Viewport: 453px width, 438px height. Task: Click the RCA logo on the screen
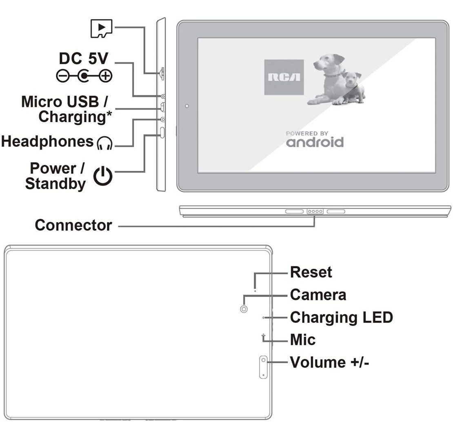pyautogui.click(x=284, y=77)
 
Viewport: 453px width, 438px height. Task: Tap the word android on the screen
pyautogui.click(x=315, y=142)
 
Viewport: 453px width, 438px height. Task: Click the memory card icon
pyautogui.click(x=101, y=29)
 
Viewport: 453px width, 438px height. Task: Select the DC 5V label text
pyautogui.click(x=84, y=59)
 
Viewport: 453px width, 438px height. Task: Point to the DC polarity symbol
pyautogui.click(x=84, y=76)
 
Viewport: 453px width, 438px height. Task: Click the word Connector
pyautogui.click(x=73, y=225)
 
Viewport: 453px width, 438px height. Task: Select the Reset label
pyautogui.click(x=311, y=272)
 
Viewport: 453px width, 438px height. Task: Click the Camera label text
pyautogui.click(x=318, y=295)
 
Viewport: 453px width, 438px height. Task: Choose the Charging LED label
pyautogui.click(x=341, y=317)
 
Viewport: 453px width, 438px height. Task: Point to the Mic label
pyautogui.click(x=302, y=340)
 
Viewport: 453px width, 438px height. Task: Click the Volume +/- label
pyautogui.click(x=329, y=362)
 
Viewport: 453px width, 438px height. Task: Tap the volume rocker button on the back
pyautogui.click(x=263, y=367)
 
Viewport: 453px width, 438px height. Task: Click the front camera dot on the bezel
pyautogui.click(x=187, y=106)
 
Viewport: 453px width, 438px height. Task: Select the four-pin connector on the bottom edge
pyautogui.click(x=315, y=211)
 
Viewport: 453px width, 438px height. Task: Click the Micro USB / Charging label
pyautogui.click(x=67, y=109)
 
